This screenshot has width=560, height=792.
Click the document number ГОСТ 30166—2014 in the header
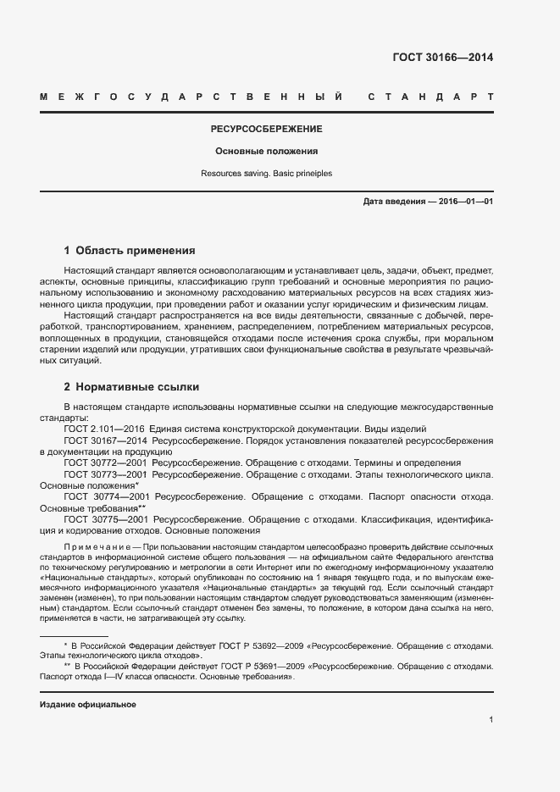[x=443, y=58]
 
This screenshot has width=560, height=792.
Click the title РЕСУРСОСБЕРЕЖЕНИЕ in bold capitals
[x=266, y=130]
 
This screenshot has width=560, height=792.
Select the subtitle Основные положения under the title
[x=266, y=152]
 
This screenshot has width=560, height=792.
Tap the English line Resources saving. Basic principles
[x=266, y=173]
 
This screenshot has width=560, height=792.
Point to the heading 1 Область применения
[x=130, y=251]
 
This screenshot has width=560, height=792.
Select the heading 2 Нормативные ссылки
[x=131, y=387]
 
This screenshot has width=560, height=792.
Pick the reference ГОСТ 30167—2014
[x=106, y=441]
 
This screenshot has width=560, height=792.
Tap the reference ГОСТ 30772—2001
[x=106, y=463]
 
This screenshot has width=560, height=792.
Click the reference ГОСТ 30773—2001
[x=106, y=475]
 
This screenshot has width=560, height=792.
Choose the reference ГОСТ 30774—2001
[x=106, y=497]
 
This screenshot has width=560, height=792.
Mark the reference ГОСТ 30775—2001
[x=106, y=519]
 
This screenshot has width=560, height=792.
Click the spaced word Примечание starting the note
[x=93, y=549]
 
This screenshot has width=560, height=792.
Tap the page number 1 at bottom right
[x=491, y=720]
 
